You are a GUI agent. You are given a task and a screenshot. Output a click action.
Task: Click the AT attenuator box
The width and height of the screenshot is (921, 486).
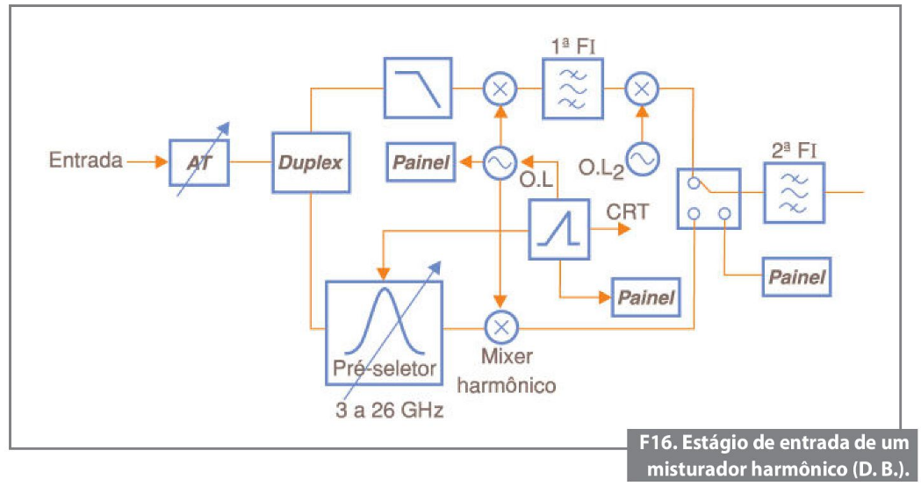(199, 161)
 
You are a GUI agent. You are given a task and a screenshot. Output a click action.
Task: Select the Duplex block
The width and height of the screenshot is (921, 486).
(311, 162)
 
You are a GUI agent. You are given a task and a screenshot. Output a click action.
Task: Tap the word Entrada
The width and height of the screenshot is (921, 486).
(85, 161)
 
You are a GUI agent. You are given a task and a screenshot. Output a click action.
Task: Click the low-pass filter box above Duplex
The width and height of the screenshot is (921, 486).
(418, 87)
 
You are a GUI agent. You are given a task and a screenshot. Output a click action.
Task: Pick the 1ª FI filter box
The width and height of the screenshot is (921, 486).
(572, 89)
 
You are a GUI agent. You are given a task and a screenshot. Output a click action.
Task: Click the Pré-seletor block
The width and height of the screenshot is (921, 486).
(385, 331)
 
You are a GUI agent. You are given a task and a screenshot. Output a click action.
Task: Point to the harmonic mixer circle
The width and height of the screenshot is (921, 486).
(501, 327)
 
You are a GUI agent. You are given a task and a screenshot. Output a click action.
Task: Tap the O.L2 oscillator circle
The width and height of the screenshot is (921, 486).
(642, 158)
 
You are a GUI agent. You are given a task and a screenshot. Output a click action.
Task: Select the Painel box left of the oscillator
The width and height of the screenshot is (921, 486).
(422, 162)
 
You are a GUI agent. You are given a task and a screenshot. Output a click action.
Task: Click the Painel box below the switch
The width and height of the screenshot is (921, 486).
(796, 276)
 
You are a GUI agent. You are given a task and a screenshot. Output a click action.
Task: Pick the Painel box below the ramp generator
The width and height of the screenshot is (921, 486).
(645, 297)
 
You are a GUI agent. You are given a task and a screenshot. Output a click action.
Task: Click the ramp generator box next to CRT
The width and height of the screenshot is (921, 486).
(558, 229)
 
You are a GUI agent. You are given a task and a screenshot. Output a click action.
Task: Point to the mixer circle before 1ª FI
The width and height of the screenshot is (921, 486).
(500, 88)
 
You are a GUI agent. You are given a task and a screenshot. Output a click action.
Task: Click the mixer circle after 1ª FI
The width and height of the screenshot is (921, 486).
(642, 88)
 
